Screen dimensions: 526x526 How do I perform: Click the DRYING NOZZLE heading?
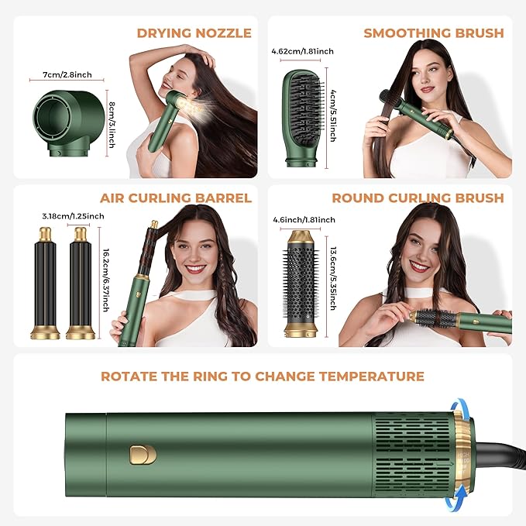[x=194, y=33]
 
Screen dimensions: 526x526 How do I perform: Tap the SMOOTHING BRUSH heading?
[x=433, y=33]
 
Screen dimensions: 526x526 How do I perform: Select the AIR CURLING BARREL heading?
[x=176, y=198]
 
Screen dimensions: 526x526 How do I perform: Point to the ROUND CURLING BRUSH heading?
[x=418, y=198]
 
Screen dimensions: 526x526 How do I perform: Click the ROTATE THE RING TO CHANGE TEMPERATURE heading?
[x=263, y=376]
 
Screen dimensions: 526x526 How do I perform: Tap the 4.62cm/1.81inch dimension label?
[x=303, y=52]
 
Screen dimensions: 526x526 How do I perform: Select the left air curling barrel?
[x=45, y=284]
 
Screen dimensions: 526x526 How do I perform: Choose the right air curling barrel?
[x=80, y=284]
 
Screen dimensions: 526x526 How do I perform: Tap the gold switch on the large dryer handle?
[x=143, y=455]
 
